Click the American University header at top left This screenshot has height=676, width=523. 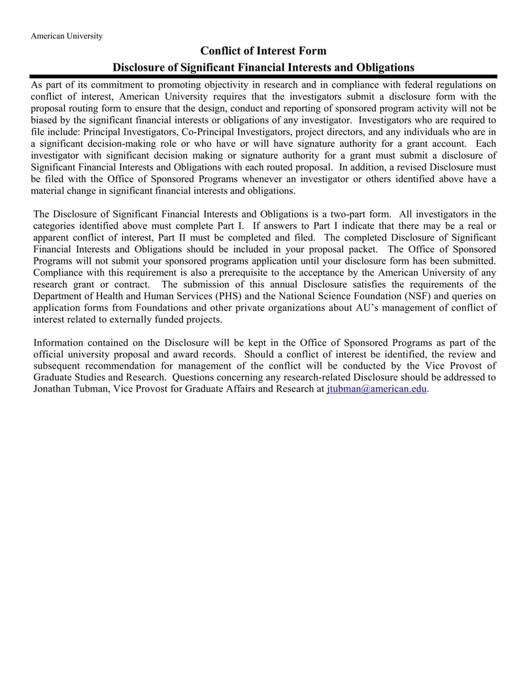tap(66, 36)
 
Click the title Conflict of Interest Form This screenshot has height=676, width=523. tap(263, 51)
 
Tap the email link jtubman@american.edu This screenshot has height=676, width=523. tap(376, 389)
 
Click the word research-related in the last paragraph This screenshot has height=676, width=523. tap(311, 377)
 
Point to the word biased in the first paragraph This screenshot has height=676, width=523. tap(45, 120)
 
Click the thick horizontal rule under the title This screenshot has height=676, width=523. tap(263, 76)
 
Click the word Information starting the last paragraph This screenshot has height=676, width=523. tap(59, 342)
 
